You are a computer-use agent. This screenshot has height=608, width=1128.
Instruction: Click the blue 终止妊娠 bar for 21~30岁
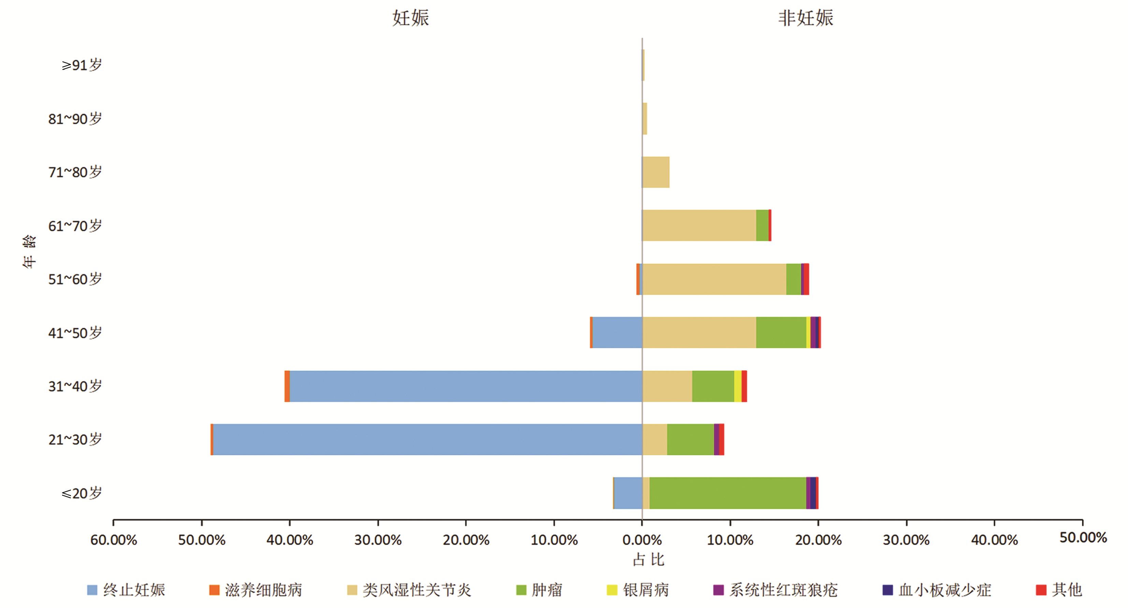tap(427, 440)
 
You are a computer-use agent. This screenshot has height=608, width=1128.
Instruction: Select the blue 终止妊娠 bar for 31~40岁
tap(466, 386)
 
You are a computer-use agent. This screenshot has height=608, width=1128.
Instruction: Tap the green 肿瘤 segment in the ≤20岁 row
tap(727, 493)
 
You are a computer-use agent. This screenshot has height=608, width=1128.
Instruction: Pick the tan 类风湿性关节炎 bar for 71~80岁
tap(656, 172)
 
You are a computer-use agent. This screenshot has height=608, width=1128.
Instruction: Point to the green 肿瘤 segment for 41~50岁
tap(781, 333)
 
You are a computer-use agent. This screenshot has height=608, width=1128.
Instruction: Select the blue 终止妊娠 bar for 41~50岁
tap(617, 333)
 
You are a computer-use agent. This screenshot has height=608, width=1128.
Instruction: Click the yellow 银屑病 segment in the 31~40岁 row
tap(738, 386)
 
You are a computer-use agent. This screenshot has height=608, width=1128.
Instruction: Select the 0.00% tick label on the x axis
tap(642, 540)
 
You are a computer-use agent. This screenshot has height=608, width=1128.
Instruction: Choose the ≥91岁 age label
tap(82, 65)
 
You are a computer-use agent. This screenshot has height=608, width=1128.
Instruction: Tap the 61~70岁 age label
tap(75, 226)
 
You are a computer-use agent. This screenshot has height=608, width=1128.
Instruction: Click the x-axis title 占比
tap(648, 560)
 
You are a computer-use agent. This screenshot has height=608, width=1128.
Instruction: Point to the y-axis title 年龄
tap(29, 251)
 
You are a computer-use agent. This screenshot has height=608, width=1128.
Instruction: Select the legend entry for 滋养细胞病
tap(256, 590)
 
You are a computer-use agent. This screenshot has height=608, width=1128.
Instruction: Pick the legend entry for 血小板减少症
tap(937, 590)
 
